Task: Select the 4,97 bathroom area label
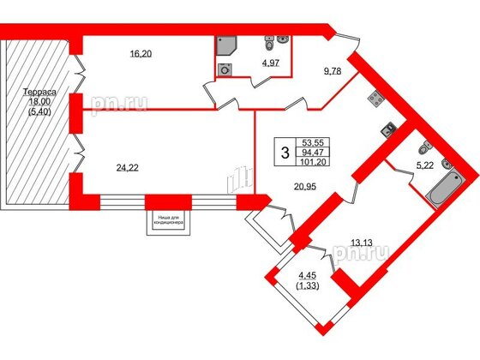coord(269,63)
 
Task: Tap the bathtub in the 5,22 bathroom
coord(443,189)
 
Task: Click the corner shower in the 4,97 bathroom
coord(226,45)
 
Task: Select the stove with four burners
coord(375,99)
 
